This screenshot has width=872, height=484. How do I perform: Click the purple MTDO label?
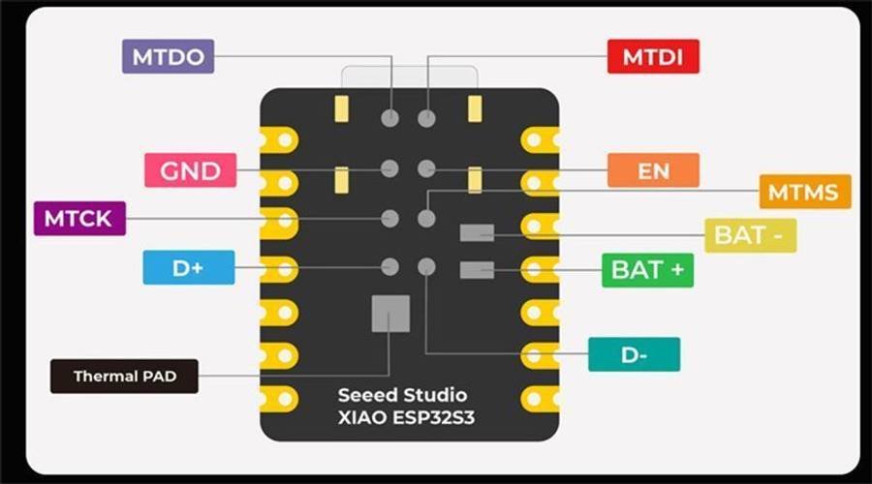point(168,56)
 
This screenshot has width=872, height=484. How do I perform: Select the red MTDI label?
point(653,56)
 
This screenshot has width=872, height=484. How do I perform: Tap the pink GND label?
point(190,170)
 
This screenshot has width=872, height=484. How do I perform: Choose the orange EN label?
point(653,170)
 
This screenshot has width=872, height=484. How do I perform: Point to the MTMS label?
point(805,192)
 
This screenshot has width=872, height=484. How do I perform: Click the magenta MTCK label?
point(79,219)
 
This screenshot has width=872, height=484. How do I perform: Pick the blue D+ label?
point(189,267)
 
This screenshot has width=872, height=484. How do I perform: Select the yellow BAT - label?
point(750,235)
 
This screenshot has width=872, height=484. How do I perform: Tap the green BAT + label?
point(647,270)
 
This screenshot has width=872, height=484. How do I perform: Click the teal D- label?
point(634,354)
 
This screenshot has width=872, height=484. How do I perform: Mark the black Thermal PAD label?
point(124,377)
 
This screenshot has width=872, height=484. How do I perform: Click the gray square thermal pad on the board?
point(391,314)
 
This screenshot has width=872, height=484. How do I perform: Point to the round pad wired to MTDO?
point(389,118)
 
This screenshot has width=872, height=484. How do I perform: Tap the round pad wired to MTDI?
point(426,118)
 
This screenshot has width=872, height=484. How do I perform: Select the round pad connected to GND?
point(389,168)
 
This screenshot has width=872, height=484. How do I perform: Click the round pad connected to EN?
point(426,168)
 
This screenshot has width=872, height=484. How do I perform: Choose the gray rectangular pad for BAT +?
point(477,270)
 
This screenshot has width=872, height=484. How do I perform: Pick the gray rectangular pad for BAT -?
point(477,233)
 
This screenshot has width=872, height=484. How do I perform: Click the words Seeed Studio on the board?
point(403,395)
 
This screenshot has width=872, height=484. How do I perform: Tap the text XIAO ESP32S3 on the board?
point(407,417)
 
